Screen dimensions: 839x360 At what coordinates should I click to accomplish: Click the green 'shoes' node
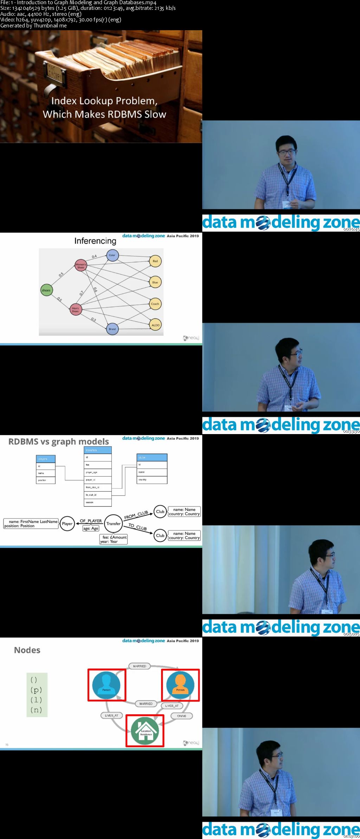pos(46,290)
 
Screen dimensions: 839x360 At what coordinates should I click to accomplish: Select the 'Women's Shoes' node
pos(81,265)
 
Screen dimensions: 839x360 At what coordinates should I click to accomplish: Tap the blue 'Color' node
pos(112,255)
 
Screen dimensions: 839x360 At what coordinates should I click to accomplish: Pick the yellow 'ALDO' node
pos(155,325)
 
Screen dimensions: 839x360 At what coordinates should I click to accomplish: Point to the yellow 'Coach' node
pos(155,304)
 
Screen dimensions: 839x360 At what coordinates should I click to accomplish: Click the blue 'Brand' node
pos(112,329)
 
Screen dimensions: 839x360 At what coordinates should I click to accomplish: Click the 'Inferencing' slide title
pos(95,241)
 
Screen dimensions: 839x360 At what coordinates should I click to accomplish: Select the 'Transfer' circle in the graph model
pos(113,523)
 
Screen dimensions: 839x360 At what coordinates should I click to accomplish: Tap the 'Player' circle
pos(67,523)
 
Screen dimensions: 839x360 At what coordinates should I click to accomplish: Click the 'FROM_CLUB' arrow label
pos(136,515)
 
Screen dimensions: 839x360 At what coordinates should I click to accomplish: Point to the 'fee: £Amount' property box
pos(114,539)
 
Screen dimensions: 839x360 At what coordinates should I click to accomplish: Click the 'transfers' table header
pos(98,450)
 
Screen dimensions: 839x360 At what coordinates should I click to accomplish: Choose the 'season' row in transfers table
pos(98,502)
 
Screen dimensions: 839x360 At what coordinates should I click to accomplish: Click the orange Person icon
pos(180,685)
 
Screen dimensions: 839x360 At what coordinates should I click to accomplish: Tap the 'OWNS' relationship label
pos(181,716)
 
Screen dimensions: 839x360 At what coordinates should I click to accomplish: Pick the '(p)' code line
pos(36,690)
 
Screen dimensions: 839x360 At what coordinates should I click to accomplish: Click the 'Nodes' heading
pos(27,650)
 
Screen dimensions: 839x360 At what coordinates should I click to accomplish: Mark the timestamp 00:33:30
pos(351,432)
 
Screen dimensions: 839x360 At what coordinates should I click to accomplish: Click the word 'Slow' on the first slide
pos(155,114)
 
